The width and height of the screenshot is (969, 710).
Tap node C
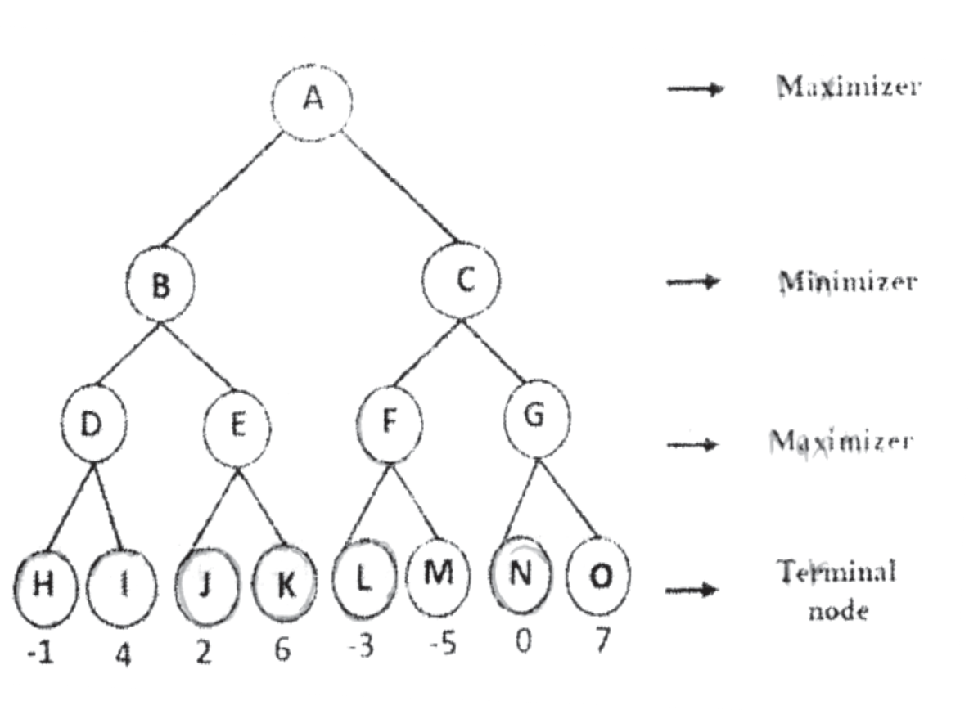point(462,282)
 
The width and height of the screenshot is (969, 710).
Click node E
point(237,428)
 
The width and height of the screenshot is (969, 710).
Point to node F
point(390,423)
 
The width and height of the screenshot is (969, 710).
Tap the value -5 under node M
point(443,646)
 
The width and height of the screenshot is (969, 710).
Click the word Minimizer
point(848,282)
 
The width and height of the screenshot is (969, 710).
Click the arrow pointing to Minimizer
point(692,282)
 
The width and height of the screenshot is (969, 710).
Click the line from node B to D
point(127,354)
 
